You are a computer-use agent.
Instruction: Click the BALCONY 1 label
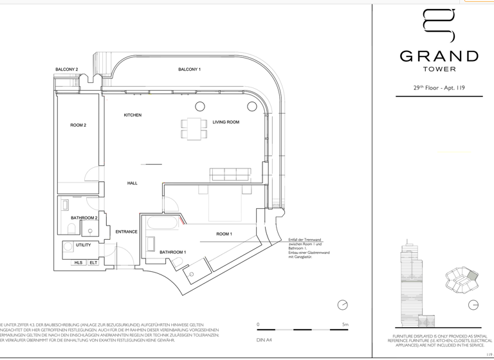coord(189,69)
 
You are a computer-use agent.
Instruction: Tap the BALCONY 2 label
coord(66,69)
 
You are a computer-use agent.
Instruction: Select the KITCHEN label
coord(133,115)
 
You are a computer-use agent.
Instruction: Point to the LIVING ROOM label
coord(226,122)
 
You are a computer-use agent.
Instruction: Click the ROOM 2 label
coord(78,125)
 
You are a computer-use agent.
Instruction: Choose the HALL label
coord(132,183)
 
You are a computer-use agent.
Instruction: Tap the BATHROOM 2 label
coord(83,218)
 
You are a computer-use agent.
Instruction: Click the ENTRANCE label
coord(126,232)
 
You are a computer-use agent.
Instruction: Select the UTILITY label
coord(83,245)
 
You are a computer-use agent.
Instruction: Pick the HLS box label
coord(78,262)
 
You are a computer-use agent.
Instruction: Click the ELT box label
coord(93,262)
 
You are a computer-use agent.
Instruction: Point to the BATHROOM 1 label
coord(172,252)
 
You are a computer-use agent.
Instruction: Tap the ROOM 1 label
coord(224,234)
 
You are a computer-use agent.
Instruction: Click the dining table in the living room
coord(194,129)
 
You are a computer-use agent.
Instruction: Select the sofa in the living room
coord(230,174)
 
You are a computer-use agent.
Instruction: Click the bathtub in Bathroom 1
coord(165,224)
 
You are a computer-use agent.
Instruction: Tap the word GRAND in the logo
coord(439,57)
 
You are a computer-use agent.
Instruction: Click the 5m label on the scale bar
coord(345,325)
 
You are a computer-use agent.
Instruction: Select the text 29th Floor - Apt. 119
coord(439,88)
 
